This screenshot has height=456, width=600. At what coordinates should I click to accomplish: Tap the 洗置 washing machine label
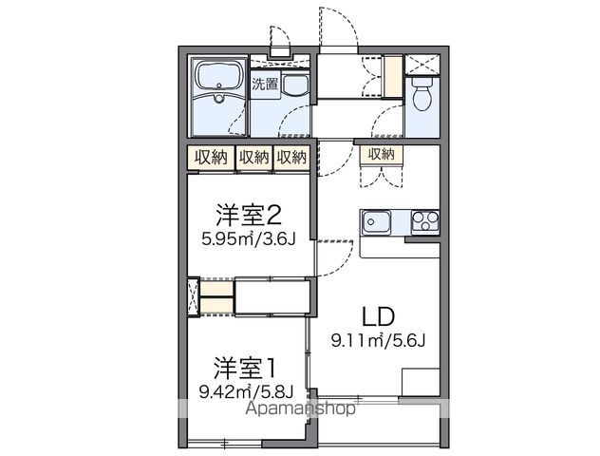265,84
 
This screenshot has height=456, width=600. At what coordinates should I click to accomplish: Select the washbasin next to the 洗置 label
295,88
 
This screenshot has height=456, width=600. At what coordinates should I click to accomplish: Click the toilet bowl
422,95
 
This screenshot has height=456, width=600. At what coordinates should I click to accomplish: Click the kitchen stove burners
423,223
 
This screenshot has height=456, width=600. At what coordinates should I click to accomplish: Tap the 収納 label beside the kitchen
380,155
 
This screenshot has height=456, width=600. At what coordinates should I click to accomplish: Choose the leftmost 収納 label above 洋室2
211,158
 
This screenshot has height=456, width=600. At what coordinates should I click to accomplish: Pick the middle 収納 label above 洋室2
253,158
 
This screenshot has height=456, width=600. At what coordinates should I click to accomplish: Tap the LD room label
377,317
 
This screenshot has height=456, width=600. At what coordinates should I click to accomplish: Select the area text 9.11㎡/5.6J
376,340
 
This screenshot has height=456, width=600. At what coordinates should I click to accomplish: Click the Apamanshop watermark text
301,410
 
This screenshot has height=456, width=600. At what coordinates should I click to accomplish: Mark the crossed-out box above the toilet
422,64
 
